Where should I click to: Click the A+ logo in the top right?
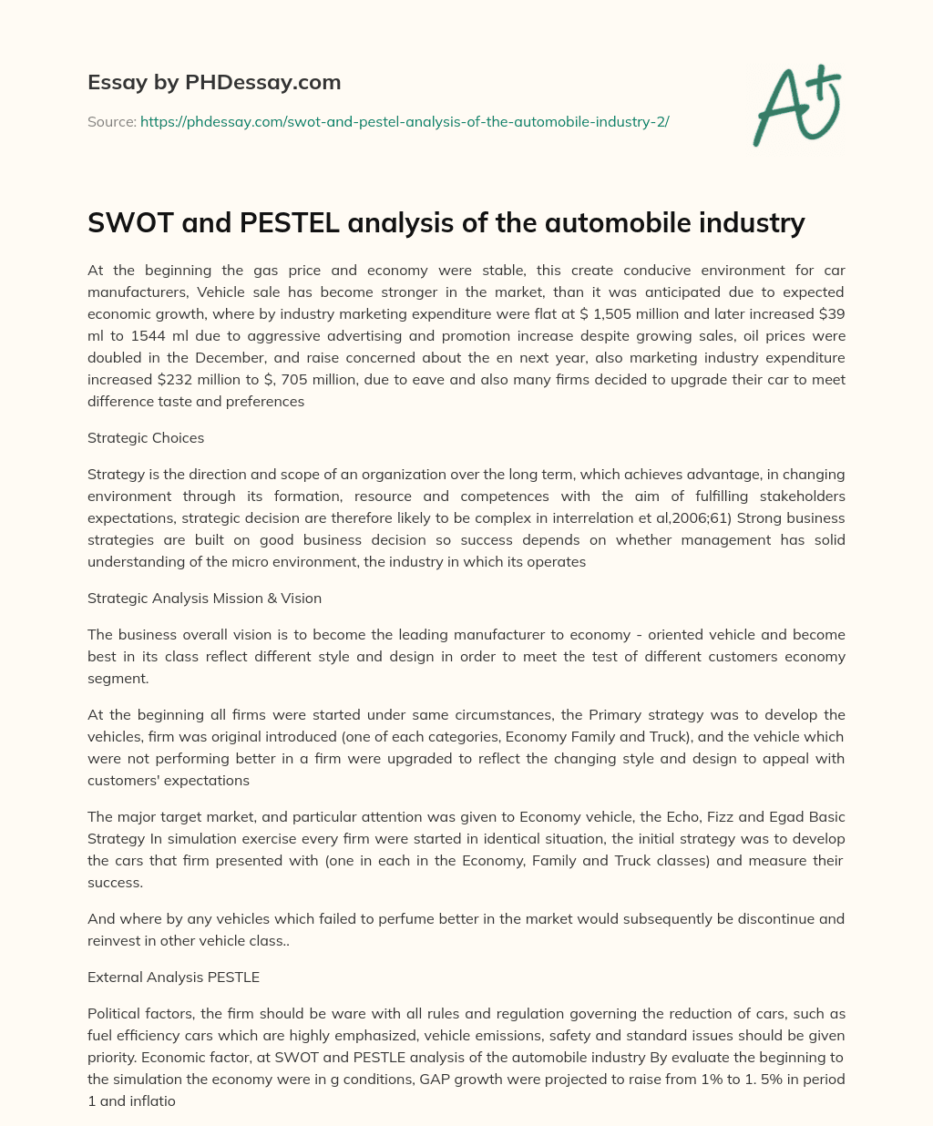pos(795,105)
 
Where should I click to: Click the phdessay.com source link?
pos(405,121)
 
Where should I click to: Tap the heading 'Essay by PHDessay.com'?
pos(214,82)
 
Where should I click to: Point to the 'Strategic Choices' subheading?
pos(146,437)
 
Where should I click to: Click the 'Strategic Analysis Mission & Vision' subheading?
pos(204,598)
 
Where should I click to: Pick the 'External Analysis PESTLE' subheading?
pos(173,977)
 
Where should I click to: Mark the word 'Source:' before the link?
pos(112,121)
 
